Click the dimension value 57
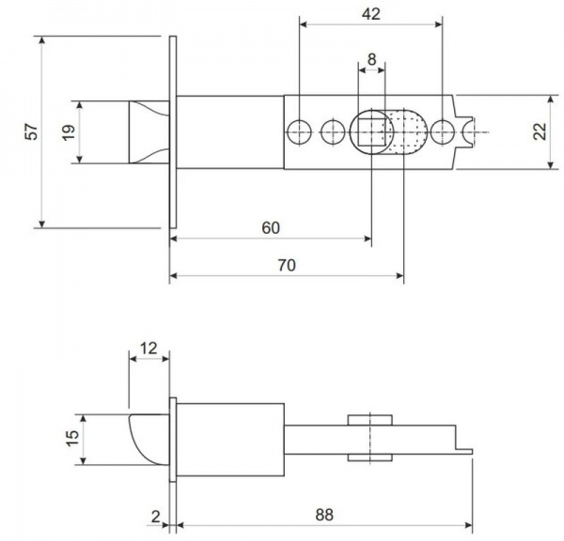click(32, 132)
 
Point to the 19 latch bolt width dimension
click(68, 132)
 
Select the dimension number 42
click(370, 13)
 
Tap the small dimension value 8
click(372, 59)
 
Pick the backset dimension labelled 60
click(271, 228)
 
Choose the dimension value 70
click(288, 266)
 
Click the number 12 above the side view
click(149, 348)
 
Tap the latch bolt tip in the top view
click(146, 132)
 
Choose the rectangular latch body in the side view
click(230, 439)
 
